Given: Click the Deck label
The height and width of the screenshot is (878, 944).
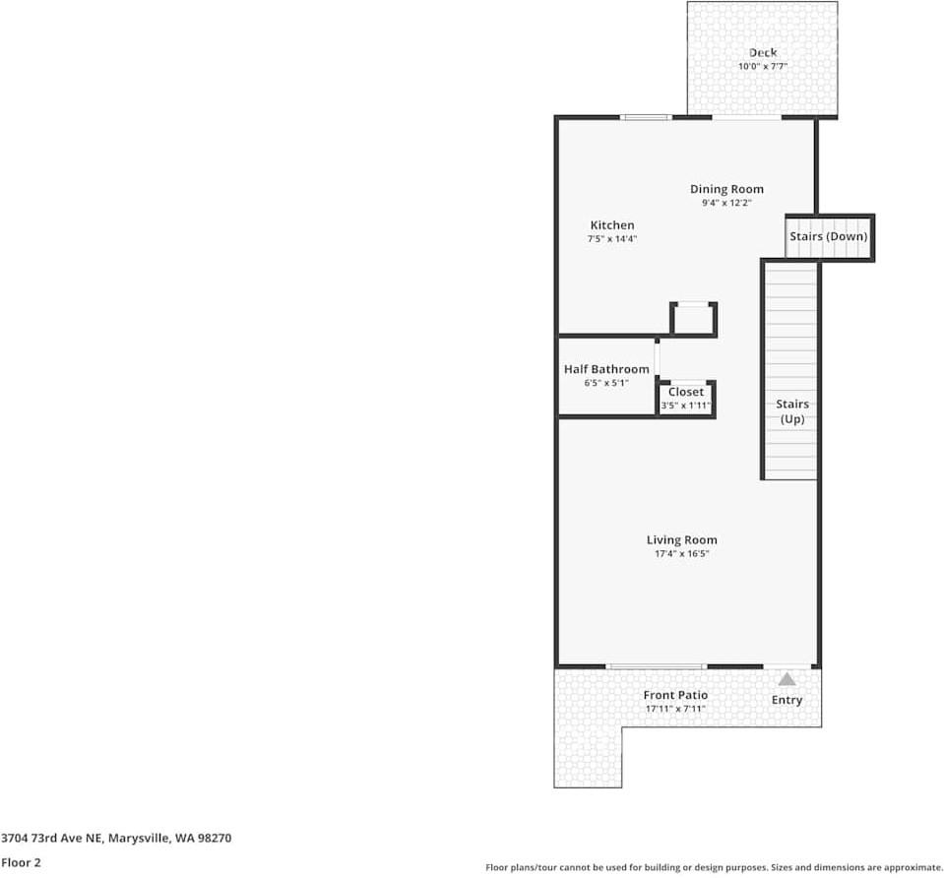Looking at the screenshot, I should [x=762, y=53].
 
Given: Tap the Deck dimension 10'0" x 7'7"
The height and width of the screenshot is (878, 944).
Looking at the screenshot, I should [x=762, y=67].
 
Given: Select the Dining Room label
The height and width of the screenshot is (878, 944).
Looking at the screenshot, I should [x=726, y=189].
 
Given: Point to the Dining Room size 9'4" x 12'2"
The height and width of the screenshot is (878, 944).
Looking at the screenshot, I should [x=726, y=203].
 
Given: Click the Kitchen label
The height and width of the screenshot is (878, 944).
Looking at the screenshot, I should [x=612, y=225].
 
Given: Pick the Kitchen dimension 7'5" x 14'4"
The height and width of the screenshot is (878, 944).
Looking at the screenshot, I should [x=612, y=239].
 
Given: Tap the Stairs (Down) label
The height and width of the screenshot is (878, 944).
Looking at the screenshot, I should [x=829, y=237].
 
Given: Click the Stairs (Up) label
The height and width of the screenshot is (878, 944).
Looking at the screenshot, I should [x=792, y=411].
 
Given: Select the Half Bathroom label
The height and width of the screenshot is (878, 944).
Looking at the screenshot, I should [x=606, y=369].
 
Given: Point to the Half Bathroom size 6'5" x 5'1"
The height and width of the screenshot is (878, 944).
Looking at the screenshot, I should [x=606, y=383].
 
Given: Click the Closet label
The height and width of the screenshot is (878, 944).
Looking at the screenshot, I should [x=686, y=392].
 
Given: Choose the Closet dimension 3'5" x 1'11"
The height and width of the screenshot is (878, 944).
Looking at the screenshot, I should [x=686, y=405].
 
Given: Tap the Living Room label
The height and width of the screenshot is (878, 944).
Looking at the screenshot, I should [x=681, y=539].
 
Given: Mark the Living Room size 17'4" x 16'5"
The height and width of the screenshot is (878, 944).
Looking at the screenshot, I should [x=681, y=554].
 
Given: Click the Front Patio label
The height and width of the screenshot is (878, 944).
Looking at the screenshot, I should [x=675, y=695].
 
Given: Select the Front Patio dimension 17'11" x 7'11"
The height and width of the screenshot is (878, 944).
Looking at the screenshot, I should [x=675, y=709].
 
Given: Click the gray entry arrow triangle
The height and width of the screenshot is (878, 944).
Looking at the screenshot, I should [x=787, y=678].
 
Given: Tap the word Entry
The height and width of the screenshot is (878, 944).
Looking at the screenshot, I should [x=787, y=700].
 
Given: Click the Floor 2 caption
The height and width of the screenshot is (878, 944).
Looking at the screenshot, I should [x=21, y=862].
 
